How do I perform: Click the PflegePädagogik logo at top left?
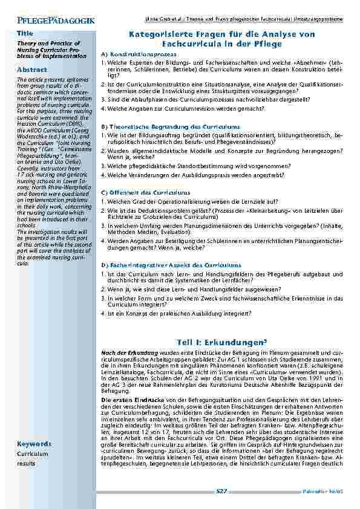coord(52,21)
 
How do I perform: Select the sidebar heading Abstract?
coord(31,70)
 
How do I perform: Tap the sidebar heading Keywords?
coord(34,444)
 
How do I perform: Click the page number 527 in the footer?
coord(221,492)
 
